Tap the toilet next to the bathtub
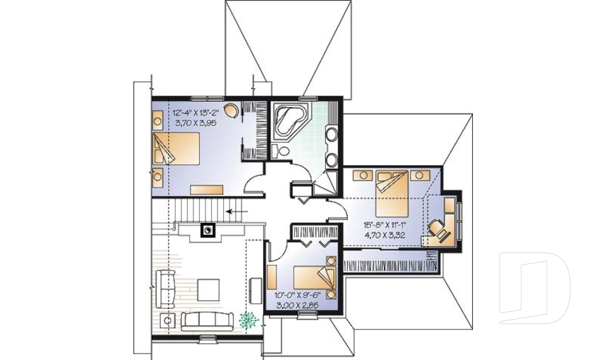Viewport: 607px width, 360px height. click(x=283, y=151)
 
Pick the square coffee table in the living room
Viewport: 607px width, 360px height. click(x=209, y=290)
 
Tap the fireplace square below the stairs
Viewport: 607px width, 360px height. click(x=207, y=230)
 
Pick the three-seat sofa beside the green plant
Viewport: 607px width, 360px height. click(x=209, y=320)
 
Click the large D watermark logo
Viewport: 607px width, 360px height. click(x=534, y=289)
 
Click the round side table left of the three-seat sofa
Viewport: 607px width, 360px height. click(x=168, y=321)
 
